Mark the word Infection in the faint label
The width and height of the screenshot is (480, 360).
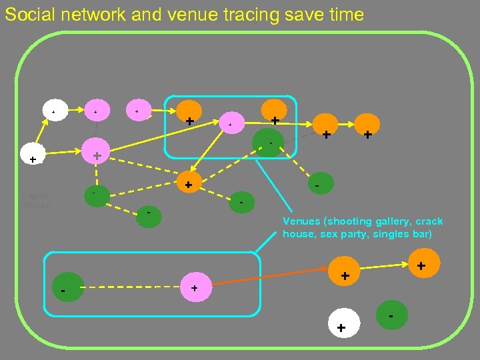point(35,205)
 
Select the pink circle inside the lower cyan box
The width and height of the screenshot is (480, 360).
point(194,287)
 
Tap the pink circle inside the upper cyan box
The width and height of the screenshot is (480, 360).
point(230,125)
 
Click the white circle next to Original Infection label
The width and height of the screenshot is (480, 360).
point(33,159)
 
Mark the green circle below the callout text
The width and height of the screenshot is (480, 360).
point(391,315)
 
